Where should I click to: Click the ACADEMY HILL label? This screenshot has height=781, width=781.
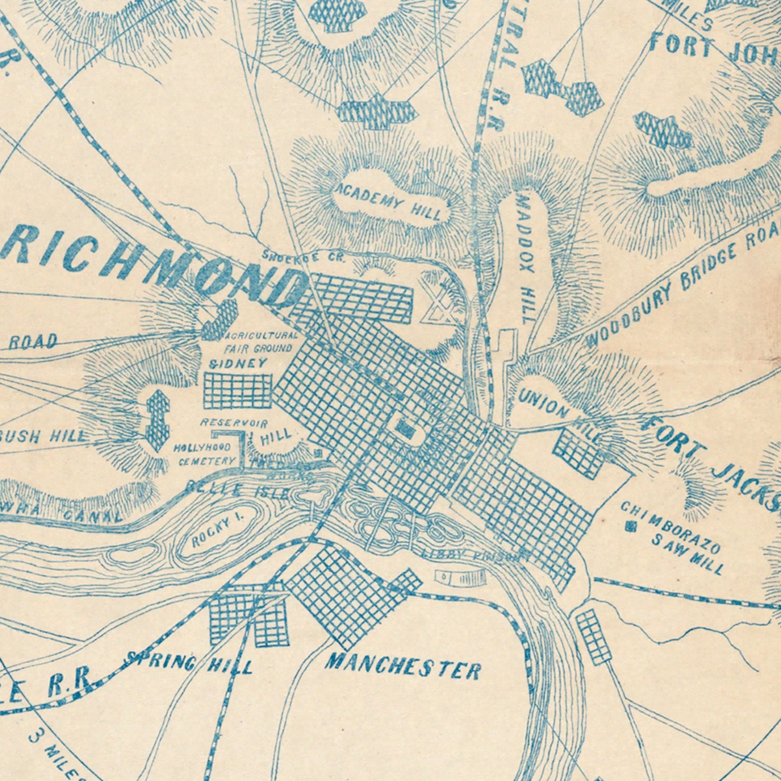point(390,201)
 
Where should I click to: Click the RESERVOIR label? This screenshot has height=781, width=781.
point(234,423)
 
